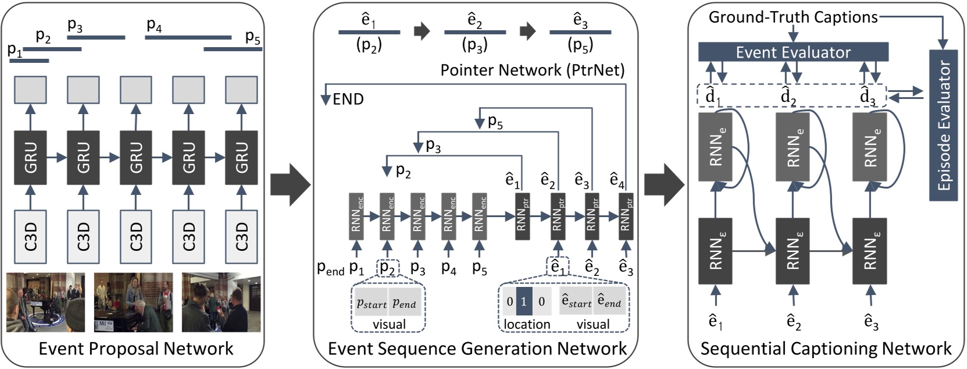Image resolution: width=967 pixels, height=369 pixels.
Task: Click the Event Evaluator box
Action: coord(793,52)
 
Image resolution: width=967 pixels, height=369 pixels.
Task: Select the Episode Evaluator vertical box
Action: coord(943,125)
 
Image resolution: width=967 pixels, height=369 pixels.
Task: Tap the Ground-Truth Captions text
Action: coord(793,17)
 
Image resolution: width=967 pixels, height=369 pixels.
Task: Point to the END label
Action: coord(348,100)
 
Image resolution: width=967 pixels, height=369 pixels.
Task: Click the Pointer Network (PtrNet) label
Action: coord(532,70)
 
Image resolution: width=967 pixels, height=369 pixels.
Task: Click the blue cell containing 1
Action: coord(524,301)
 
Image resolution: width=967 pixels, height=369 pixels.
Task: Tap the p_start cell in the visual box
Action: coord(372,303)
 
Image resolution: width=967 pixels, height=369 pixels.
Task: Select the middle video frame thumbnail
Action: coord(133,302)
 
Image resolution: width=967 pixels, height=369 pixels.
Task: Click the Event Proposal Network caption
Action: coord(135,349)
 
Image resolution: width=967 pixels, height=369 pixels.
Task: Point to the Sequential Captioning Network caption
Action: coord(826,349)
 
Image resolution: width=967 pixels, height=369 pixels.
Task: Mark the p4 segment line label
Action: coord(155,25)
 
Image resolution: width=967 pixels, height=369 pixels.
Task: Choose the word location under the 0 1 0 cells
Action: coord(527,324)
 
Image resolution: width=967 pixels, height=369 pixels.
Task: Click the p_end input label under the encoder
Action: coord(331,268)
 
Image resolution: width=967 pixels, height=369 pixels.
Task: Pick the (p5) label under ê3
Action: coord(580,45)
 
